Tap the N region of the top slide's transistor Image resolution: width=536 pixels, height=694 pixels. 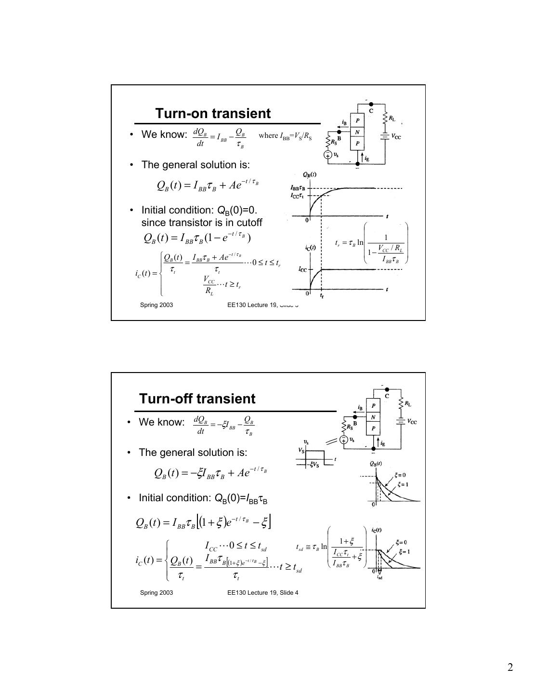357,132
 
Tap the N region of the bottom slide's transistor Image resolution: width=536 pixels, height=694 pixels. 373,417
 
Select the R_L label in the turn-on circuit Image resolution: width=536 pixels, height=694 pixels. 392,118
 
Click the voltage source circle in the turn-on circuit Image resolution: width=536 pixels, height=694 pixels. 327,155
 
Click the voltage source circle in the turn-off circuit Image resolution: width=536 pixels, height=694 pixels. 343,440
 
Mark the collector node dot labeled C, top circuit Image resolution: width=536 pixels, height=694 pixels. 370,104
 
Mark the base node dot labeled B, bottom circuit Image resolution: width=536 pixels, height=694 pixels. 355,417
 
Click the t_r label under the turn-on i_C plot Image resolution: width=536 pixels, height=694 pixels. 322,296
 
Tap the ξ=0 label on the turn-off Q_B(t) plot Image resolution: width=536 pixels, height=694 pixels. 400,475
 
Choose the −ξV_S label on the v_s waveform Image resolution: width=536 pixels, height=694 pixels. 314,465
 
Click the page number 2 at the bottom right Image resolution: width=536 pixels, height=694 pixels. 510,667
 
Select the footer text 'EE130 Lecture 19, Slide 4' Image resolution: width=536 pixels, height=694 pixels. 262,592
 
